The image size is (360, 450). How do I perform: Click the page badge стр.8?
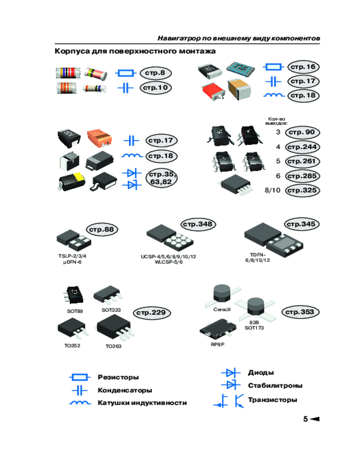(156, 73)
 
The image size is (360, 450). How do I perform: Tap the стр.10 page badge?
(156, 88)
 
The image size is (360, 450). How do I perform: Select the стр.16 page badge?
(303, 67)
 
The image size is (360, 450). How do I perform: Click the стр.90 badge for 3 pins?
(302, 132)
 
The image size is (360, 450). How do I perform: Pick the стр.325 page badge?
(302, 190)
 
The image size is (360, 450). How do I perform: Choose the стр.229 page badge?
(152, 313)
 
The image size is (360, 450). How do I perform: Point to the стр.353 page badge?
(301, 312)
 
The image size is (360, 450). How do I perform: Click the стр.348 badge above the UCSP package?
(198, 224)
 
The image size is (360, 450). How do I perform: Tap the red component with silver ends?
(214, 91)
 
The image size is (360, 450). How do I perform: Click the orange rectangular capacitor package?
(99, 137)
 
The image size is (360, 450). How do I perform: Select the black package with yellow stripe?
(72, 181)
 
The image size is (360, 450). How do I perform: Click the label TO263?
(113, 346)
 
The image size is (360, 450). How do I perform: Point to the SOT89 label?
(75, 311)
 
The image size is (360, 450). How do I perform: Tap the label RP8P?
(218, 344)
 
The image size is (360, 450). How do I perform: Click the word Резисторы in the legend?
(118, 377)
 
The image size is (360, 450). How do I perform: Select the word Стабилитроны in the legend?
(275, 386)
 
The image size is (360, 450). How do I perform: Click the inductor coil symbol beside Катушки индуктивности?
(80, 403)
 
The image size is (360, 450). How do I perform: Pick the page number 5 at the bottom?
(306, 419)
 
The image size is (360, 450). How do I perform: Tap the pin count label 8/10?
(272, 190)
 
